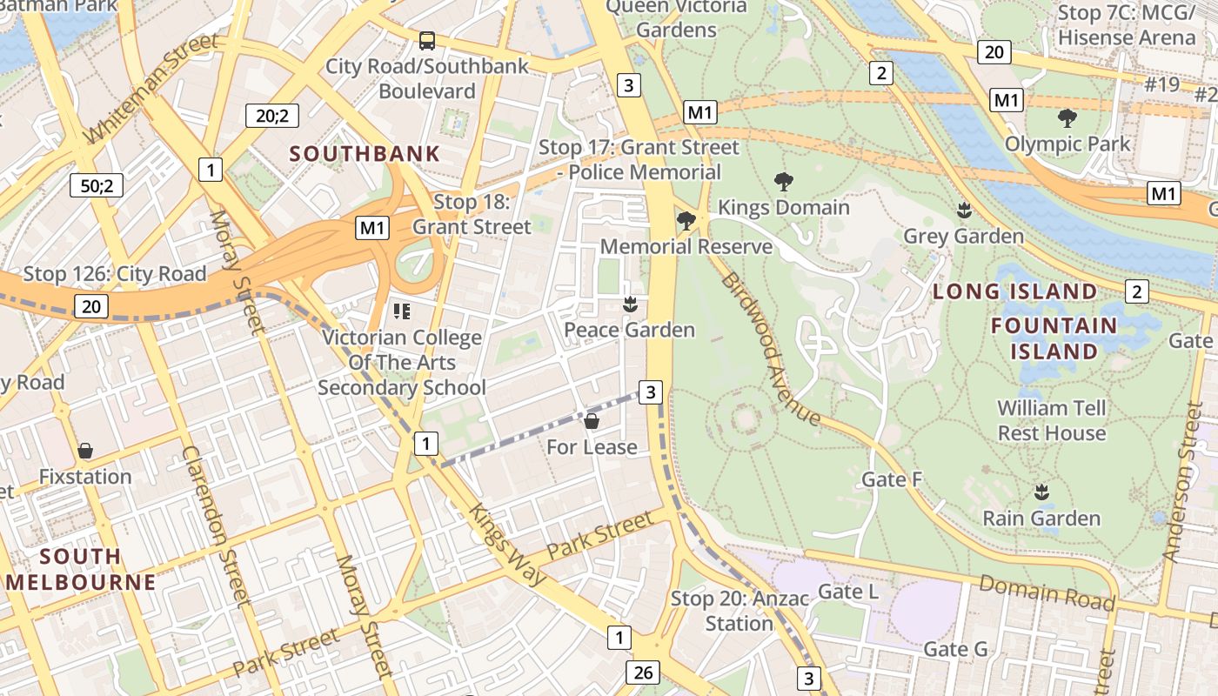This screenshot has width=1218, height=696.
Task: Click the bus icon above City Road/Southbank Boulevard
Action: [x=427, y=40]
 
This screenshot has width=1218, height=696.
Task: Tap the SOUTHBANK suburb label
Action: [x=365, y=154]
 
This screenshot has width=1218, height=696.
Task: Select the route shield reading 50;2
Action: [x=97, y=185]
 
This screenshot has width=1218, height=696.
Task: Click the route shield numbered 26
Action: [x=643, y=673]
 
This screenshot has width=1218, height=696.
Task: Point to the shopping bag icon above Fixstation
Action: [x=85, y=451]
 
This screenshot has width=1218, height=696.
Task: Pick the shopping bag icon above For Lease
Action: [x=592, y=422]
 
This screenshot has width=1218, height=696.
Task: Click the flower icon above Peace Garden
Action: [x=630, y=304]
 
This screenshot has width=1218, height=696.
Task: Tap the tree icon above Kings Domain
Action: [x=783, y=182]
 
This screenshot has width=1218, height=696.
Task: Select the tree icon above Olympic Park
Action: [x=1067, y=117]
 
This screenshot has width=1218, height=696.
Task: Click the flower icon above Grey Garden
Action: [x=964, y=210]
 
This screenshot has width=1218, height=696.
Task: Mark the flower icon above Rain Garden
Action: [x=1041, y=492]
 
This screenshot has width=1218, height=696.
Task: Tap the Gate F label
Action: [x=892, y=479]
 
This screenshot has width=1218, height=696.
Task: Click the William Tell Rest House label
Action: [x=1052, y=420]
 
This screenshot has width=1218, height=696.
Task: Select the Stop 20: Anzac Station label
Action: [x=739, y=611]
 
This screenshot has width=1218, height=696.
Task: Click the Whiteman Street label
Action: [x=151, y=88]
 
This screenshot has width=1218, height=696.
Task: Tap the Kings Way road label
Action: [x=508, y=544]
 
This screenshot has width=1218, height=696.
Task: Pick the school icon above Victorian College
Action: [x=401, y=311]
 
